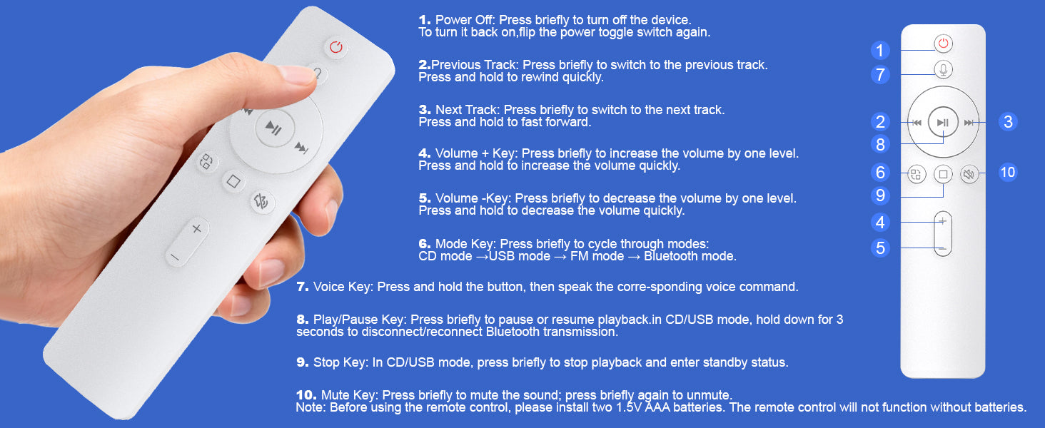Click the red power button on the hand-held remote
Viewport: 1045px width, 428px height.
pos(336,47)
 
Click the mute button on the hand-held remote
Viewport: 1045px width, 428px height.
pos(262,202)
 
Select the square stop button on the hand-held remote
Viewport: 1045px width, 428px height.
pos(233,181)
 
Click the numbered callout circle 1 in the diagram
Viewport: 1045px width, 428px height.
pos(880,51)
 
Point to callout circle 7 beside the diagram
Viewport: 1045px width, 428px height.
pos(880,75)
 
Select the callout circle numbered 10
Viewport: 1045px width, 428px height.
pos(1008,173)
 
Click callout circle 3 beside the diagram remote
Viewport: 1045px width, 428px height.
pos(1008,122)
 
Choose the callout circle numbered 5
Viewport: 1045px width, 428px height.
pos(880,248)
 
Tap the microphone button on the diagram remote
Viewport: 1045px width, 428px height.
pos(944,70)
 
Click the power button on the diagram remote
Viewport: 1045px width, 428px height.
pos(944,44)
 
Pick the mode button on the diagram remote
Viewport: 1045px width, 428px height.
pos(917,175)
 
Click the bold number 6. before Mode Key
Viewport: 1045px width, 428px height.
pos(425,244)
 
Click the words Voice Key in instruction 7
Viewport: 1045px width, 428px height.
pos(343,287)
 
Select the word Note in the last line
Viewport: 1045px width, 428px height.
pos(310,407)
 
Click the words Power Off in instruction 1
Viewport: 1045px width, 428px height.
pos(465,20)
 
